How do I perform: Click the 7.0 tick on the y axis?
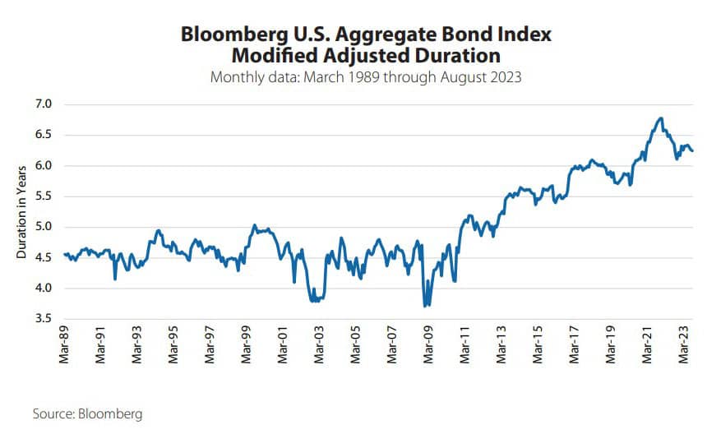click(x=42, y=104)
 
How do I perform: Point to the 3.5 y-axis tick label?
click(x=42, y=319)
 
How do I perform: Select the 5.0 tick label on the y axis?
click(x=42, y=227)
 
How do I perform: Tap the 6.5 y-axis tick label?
click(x=42, y=135)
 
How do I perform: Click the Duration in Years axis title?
click(x=21, y=211)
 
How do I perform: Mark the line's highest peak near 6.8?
click(x=660, y=118)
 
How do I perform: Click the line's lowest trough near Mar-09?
click(x=425, y=306)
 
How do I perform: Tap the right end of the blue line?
click(x=691, y=150)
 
